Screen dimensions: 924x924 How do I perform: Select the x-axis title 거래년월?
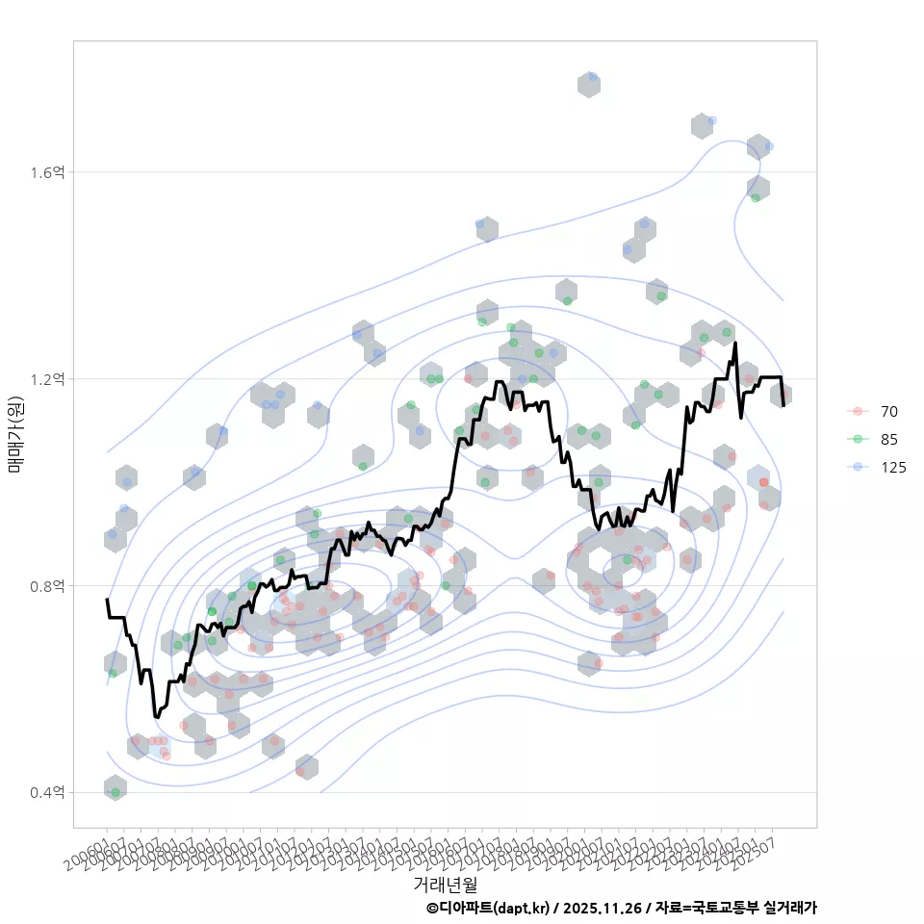click(x=445, y=883)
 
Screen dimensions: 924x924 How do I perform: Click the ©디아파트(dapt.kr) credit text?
click(x=489, y=908)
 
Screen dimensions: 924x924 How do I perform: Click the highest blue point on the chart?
click(x=593, y=76)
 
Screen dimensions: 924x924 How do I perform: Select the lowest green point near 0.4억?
click(x=115, y=792)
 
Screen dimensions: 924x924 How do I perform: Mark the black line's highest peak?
click(x=735, y=343)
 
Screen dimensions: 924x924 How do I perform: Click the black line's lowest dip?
click(x=156, y=716)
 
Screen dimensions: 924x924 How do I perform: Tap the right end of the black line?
click(x=783, y=405)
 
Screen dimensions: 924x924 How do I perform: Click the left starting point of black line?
click(x=107, y=600)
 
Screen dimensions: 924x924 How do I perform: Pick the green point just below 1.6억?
click(x=756, y=197)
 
